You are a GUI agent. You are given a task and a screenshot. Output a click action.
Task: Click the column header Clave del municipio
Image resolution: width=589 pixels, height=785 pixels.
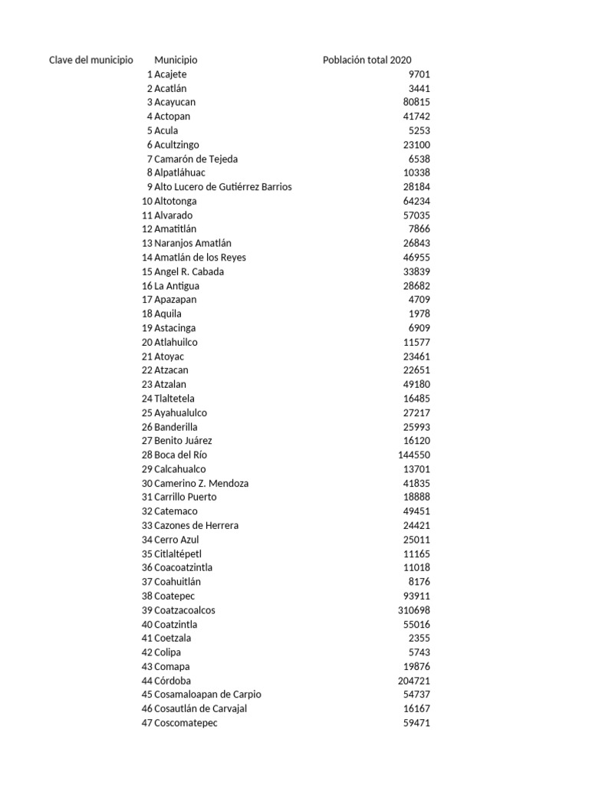pyautogui.click(x=91, y=60)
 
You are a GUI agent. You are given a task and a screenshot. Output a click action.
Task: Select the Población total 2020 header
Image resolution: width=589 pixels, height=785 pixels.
pyautogui.click(x=367, y=60)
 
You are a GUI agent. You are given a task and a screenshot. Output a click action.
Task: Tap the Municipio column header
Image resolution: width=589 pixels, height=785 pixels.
pyautogui.click(x=176, y=60)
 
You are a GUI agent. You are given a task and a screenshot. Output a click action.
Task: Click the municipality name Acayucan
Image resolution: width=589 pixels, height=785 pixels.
pyautogui.click(x=175, y=102)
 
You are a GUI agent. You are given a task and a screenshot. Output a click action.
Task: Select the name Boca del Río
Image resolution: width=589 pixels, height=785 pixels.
pyautogui.click(x=180, y=455)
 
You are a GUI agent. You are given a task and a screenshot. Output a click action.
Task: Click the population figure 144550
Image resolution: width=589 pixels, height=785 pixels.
pyautogui.click(x=413, y=455)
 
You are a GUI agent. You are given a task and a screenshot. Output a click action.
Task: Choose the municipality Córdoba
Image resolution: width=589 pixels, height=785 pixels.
pyautogui.click(x=173, y=681)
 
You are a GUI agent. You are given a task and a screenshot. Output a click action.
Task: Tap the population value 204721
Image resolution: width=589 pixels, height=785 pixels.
pyautogui.click(x=413, y=681)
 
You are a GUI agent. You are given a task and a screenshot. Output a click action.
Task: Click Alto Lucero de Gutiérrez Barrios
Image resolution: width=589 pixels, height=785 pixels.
pyautogui.click(x=222, y=187)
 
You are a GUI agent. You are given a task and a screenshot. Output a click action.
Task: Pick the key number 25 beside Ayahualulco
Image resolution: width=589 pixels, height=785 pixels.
pyautogui.click(x=147, y=412)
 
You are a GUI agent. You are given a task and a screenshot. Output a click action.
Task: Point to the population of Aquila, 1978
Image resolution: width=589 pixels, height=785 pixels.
pyautogui.click(x=420, y=314)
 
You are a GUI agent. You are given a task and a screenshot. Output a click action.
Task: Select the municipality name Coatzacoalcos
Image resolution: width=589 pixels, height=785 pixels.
pyautogui.click(x=185, y=610)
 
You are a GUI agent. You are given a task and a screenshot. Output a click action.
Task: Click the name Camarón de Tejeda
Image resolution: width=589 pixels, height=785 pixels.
pyautogui.click(x=196, y=159)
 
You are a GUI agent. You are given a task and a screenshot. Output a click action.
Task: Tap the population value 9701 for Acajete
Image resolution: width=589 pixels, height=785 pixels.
pyautogui.click(x=420, y=74)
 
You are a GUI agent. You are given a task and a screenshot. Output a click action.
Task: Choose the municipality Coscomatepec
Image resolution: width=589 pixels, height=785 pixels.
pyautogui.click(x=186, y=723)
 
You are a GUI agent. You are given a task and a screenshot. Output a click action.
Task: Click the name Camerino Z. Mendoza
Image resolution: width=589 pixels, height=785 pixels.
pyautogui.click(x=201, y=483)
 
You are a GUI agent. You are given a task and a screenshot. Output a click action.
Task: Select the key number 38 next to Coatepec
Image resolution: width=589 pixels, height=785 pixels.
pyautogui.click(x=147, y=596)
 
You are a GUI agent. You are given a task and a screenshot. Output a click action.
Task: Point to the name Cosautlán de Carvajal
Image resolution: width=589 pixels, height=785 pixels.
pyautogui.click(x=200, y=709)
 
